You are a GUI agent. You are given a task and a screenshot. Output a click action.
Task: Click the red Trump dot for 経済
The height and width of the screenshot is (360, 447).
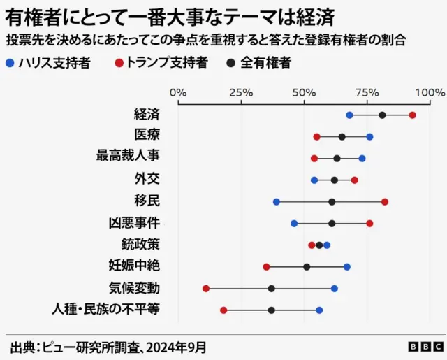pos(413,115)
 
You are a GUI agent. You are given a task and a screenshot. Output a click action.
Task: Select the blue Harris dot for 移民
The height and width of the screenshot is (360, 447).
pos(277,202)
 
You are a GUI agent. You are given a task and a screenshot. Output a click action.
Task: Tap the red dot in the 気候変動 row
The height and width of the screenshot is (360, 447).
pos(206,289)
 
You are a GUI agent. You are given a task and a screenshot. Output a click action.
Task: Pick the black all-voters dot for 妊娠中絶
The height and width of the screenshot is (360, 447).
pos(307,267)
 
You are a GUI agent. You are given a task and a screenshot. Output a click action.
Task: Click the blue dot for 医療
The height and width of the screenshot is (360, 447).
pos(369,137)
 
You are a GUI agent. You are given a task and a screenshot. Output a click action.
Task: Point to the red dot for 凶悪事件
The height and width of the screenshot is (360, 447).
pos(369,224)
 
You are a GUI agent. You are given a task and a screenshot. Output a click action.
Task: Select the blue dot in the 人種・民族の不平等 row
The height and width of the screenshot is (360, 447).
pos(319,310)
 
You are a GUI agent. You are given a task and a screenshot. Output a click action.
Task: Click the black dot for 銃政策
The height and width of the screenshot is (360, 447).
pos(319,245)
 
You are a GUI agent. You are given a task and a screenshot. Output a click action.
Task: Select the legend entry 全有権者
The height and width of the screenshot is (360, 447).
pos(258,63)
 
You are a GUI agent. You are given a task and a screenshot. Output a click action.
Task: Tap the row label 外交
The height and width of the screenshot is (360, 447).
pos(147,179)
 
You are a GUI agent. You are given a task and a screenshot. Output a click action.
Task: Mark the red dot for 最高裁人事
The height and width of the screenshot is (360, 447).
pos(314,159)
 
